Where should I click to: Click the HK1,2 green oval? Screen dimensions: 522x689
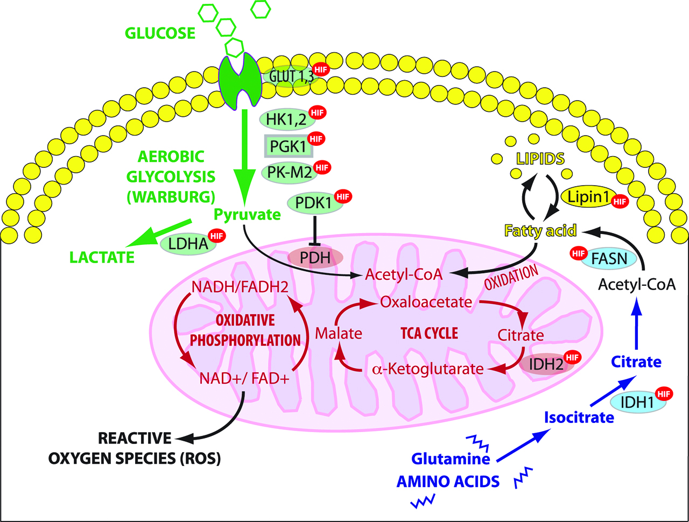[286, 119]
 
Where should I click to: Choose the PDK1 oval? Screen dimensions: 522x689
[313, 203]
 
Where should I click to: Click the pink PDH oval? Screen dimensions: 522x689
[315, 257]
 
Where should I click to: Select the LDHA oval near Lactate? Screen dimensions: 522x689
[188, 244]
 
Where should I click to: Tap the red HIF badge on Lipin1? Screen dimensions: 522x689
[620, 202]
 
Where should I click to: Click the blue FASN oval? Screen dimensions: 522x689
[609, 259]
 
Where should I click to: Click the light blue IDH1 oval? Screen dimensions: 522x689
[637, 402]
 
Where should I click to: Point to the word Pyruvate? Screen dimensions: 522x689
[247, 215]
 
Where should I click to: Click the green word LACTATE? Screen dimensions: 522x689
[102, 257]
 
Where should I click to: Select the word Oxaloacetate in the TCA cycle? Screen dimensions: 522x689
[426, 302]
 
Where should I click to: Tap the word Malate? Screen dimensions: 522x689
[338, 333]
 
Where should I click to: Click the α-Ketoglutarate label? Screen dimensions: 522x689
[428, 369]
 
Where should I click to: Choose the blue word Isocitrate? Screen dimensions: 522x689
[579, 417]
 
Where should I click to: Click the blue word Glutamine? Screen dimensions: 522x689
[451, 458]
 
